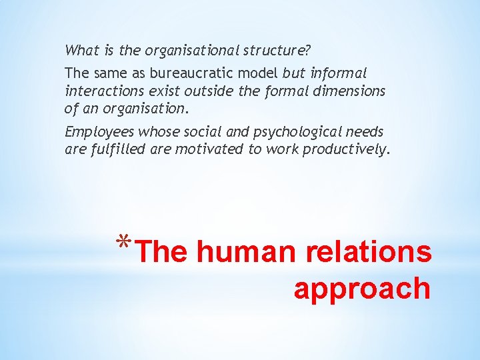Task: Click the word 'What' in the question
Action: pyautogui.click(x=79, y=50)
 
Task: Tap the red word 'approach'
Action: pyautogui.click(x=362, y=289)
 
